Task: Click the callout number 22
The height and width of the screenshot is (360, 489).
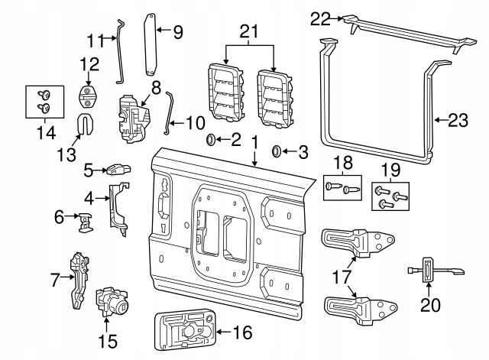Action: tap(321, 17)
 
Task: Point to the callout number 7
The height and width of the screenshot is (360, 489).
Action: tap(55, 281)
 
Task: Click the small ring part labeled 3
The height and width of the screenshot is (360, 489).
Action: tap(277, 150)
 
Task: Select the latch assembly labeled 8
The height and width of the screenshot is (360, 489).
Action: tap(131, 118)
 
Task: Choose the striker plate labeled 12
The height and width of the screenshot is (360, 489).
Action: tap(89, 98)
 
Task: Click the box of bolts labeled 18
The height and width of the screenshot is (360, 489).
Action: tap(342, 187)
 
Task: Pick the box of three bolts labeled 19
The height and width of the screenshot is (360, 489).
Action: tap(389, 196)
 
